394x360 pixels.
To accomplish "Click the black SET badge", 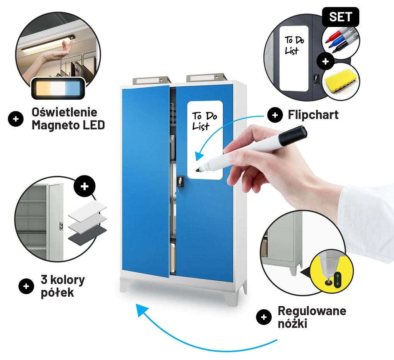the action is point(340,17).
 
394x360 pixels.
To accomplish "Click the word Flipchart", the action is point(313,115).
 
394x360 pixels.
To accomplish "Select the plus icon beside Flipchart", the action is point(275,115).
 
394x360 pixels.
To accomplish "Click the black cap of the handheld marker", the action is point(293,136).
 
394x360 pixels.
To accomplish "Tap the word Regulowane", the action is point(312,311).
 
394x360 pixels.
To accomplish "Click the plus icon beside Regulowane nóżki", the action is point(263,317).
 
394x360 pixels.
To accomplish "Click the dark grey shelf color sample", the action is point(87,234).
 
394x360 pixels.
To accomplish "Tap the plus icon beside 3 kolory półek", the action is point(26,286).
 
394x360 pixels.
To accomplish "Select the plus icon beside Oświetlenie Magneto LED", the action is point(15,119).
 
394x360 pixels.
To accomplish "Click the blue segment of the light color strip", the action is point(73,88).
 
